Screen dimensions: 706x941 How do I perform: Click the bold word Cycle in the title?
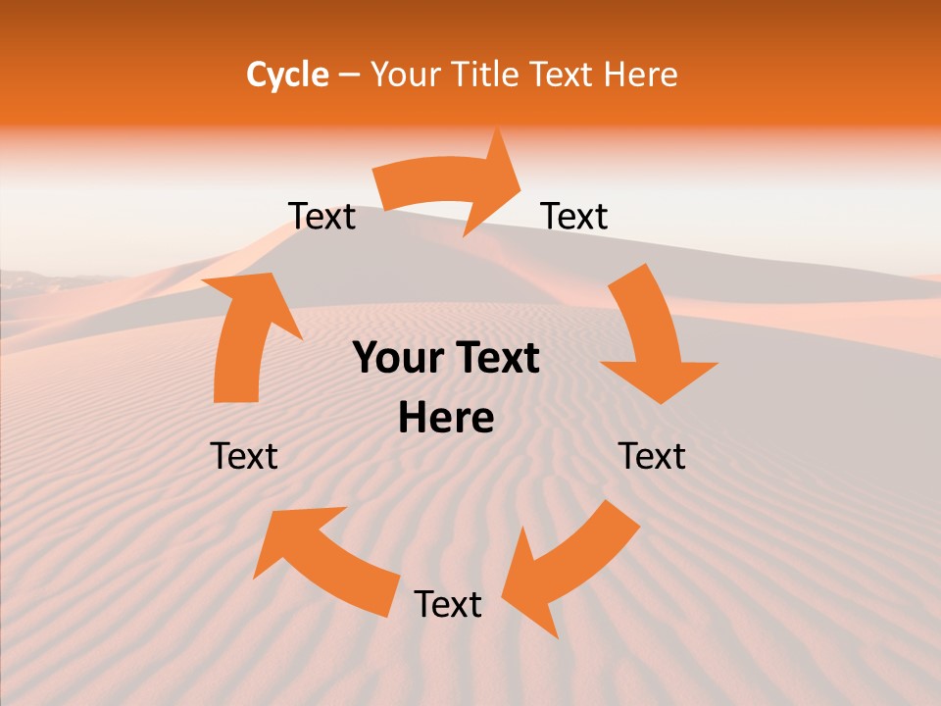(287, 75)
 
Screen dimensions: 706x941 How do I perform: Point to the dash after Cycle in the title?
(349, 76)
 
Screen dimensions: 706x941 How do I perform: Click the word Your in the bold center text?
(397, 359)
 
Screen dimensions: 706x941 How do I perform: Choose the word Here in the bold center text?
(446, 419)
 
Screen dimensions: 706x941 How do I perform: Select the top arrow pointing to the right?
(451, 186)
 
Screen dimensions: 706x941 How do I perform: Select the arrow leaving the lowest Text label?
(323, 559)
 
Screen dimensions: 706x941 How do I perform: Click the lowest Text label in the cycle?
(447, 605)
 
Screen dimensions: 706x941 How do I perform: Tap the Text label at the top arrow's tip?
(574, 217)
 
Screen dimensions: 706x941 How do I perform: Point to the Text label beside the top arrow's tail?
(322, 217)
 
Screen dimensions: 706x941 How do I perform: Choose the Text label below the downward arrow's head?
(652, 456)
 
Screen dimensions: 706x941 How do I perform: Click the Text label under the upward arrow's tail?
(244, 456)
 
